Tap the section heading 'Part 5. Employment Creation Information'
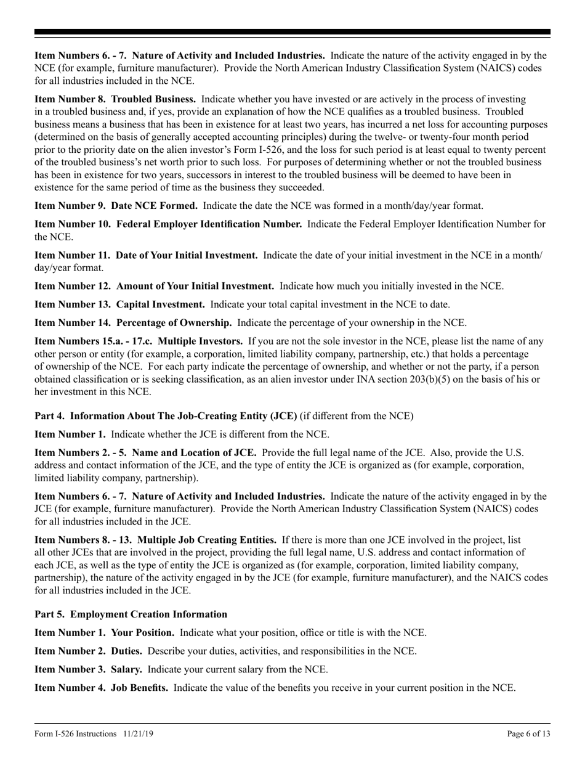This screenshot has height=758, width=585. coord(131,614)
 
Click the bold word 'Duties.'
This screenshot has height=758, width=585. coord(127,651)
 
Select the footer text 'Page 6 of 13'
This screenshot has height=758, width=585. coord(529,734)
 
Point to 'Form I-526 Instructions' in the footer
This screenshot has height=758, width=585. coord(76,734)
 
